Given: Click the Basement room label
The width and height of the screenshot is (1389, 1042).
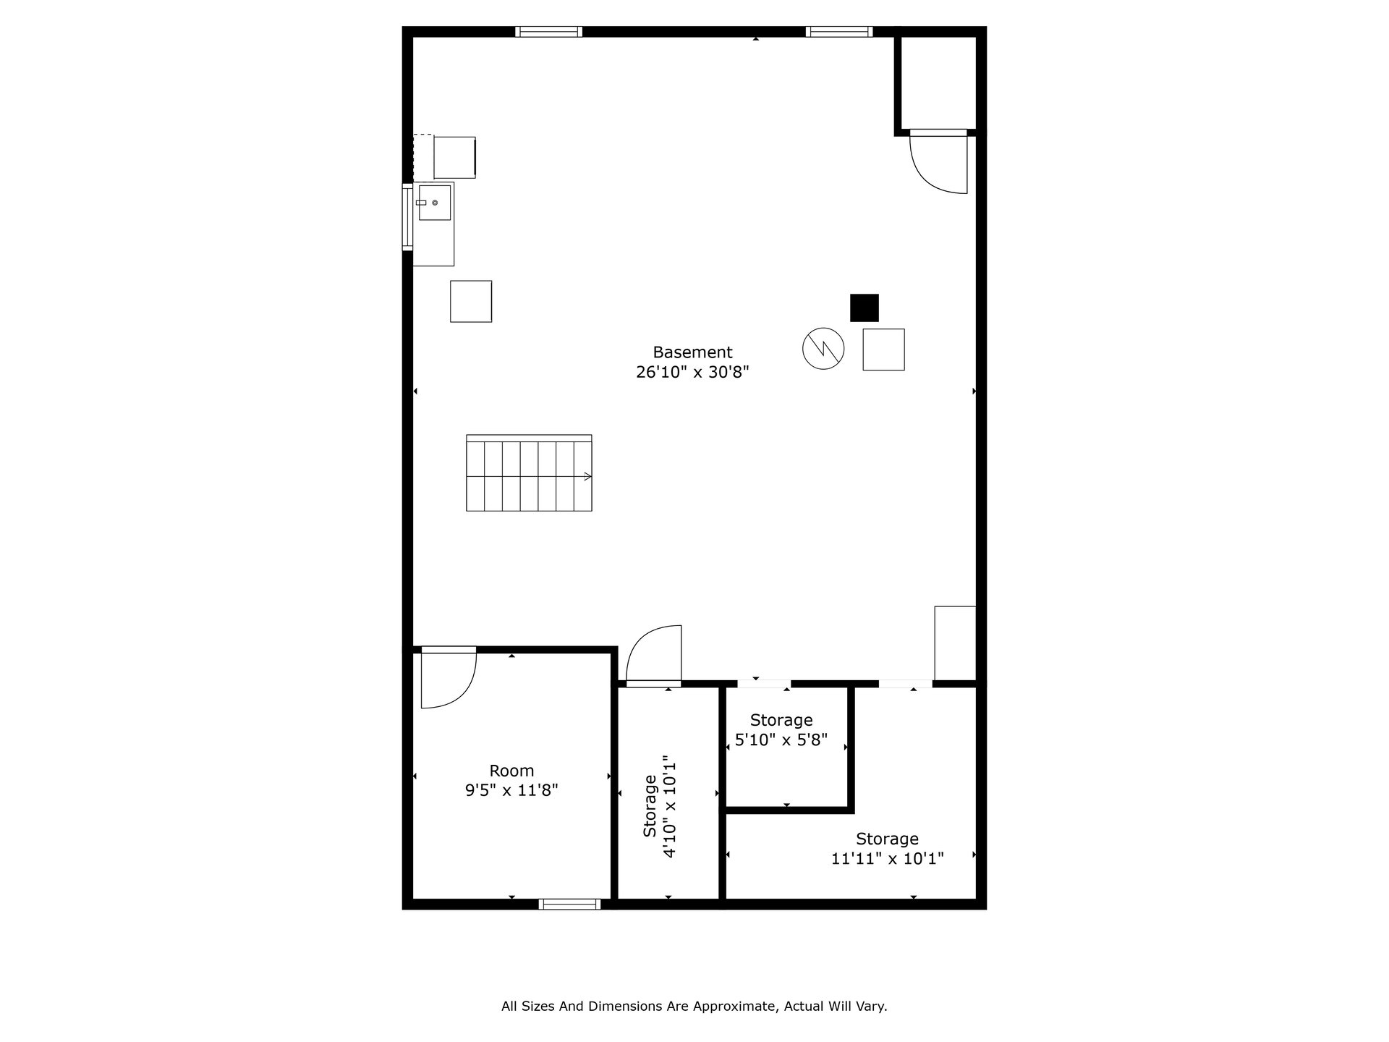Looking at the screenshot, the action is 692,352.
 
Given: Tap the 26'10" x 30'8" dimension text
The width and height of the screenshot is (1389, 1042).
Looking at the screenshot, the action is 692,372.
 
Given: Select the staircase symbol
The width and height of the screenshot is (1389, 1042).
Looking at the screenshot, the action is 529,473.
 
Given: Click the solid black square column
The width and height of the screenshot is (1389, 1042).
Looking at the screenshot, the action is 864,308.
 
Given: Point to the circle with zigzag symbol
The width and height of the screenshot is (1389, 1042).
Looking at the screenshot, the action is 823,349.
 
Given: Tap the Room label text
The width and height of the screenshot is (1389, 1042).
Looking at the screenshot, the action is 511,771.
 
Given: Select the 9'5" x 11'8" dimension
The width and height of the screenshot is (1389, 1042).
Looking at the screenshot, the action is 511,790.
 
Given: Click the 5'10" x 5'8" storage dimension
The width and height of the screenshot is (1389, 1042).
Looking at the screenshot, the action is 781,740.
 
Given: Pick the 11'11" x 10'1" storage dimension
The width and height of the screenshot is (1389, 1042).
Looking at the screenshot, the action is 888,859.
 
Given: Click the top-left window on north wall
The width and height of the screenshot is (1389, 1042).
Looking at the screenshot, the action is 548,31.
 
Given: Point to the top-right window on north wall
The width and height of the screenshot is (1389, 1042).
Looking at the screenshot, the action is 839,31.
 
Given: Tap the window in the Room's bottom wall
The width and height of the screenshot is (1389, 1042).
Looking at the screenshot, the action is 569,904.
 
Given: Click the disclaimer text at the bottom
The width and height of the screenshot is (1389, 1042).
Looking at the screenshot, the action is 694,1006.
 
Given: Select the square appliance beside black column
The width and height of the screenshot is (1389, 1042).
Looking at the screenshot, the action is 883,350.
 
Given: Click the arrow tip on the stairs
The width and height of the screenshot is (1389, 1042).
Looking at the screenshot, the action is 591,476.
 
